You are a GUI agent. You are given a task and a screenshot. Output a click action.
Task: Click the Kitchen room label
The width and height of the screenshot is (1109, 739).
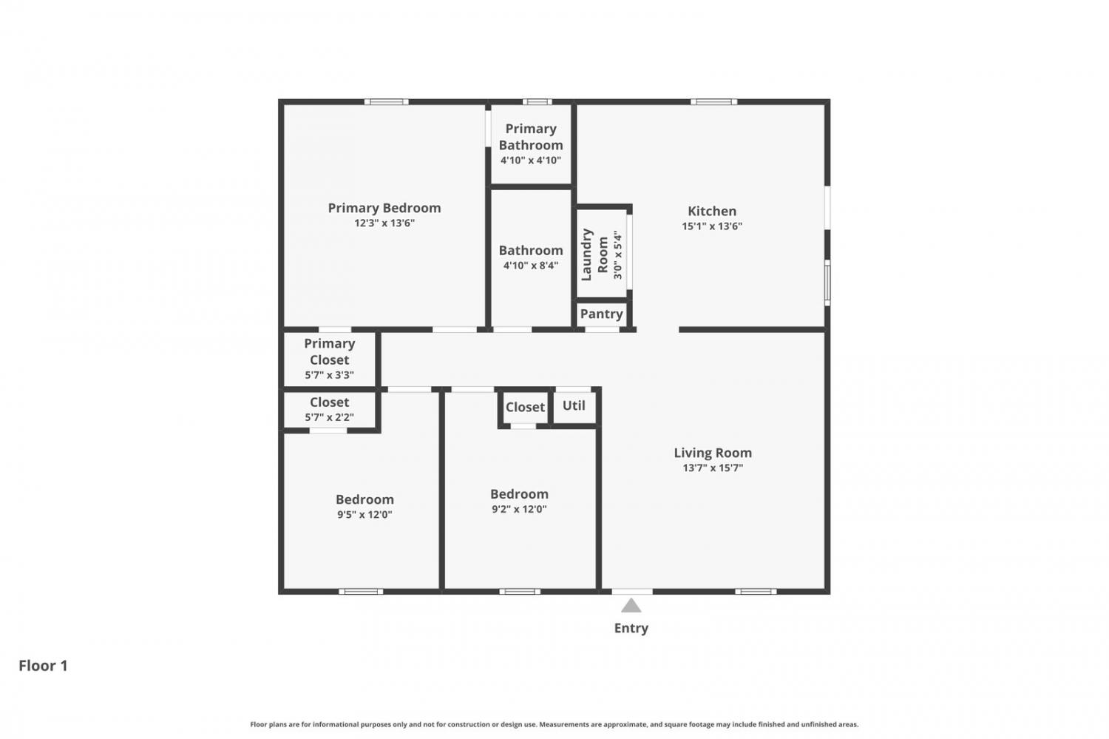pyautogui.click(x=712, y=211)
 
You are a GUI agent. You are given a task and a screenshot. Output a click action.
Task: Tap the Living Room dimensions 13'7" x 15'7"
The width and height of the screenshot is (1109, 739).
pyautogui.click(x=713, y=468)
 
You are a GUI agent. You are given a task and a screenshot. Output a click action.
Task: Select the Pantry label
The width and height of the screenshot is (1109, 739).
pyautogui.click(x=602, y=314)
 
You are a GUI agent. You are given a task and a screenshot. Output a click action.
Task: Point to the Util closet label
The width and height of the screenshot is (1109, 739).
pyautogui.click(x=574, y=405)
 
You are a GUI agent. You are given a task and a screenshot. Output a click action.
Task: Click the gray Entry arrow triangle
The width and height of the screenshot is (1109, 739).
pyautogui.click(x=631, y=606)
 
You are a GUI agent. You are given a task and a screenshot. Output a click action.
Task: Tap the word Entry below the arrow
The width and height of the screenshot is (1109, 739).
pyautogui.click(x=631, y=629)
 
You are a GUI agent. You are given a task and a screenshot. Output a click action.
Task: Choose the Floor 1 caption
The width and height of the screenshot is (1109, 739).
pyautogui.click(x=43, y=666)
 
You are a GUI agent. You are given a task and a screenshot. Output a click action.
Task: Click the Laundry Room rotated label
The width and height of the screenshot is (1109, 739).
pyautogui.click(x=594, y=254)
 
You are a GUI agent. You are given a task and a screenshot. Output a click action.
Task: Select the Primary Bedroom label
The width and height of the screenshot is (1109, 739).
pyautogui.click(x=384, y=208)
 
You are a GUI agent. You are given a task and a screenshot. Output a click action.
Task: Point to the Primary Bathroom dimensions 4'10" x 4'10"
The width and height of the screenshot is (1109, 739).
pyautogui.click(x=531, y=161)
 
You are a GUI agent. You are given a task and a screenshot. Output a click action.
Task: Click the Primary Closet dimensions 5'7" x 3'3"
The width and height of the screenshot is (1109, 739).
pyautogui.click(x=329, y=375)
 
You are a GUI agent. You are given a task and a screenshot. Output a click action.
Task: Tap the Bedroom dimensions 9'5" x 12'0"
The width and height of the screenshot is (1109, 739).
pyautogui.click(x=365, y=515)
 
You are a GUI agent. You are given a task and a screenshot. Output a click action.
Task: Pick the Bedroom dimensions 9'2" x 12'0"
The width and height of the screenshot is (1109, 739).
pyautogui.click(x=519, y=509)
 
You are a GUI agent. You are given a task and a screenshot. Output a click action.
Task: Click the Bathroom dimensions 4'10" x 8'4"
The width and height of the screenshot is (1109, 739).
pyautogui.click(x=531, y=266)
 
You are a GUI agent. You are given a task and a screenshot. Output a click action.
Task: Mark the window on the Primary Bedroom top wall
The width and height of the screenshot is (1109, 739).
pyautogui.click(x=387, y=102)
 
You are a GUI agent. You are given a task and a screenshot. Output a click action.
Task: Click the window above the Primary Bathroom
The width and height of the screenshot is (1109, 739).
pyautogui.click(x=537, y=102)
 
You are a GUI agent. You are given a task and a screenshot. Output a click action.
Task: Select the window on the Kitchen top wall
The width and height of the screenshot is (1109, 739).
pyautogui.click(x=714, y=102)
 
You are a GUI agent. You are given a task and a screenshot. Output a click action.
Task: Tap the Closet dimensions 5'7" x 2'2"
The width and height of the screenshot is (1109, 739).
pyautogui.click(x=329, y=417)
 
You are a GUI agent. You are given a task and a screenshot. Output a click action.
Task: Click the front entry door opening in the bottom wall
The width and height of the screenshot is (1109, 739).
pyautogui.click(x=632, y=591)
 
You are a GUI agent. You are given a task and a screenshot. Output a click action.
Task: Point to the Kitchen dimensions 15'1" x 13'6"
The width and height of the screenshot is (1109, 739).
pyautogui.click(x=712, y=226)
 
